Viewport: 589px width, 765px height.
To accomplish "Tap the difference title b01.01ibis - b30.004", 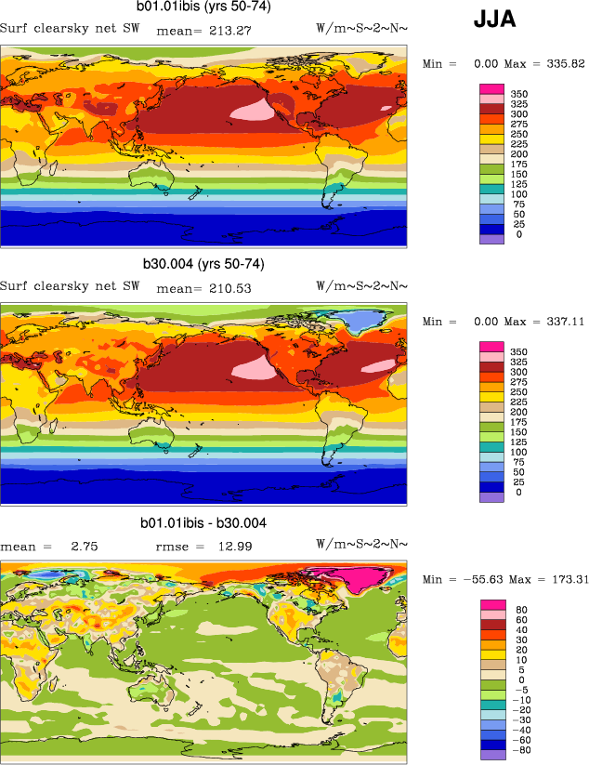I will coord(203,523).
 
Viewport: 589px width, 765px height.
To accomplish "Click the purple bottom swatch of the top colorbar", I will coord(491,239).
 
